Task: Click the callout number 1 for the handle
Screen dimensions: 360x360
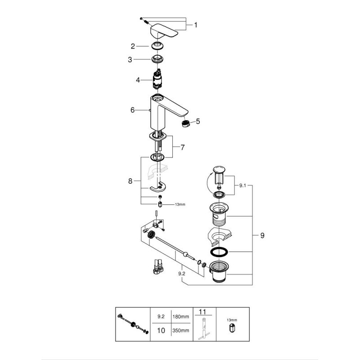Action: point(196,25)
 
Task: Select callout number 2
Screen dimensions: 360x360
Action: point(133,46)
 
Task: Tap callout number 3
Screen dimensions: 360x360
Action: point(130,60)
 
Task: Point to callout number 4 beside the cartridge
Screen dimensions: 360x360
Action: point(138,80)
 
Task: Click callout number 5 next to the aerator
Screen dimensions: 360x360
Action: point(198,121)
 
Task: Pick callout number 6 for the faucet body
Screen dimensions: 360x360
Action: point(132,110)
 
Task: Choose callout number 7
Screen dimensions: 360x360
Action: point(183,148)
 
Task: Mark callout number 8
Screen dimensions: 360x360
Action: point(130,181)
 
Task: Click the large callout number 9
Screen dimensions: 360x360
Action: point(262,235)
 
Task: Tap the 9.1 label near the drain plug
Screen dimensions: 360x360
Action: point(243,185)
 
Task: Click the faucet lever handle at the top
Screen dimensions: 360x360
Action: point(164,31)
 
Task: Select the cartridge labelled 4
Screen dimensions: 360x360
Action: point(158,80)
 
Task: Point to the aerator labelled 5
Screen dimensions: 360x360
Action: point(186,123)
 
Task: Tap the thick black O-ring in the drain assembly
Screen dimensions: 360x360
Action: point(219,252)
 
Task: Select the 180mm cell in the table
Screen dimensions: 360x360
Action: point(181,317)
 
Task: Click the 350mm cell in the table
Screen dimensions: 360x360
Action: point(181,331)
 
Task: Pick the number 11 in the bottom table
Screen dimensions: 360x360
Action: point(202,312)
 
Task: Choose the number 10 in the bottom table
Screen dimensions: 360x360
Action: point(161,331)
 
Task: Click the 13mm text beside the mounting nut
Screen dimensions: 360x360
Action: point(180,204)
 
